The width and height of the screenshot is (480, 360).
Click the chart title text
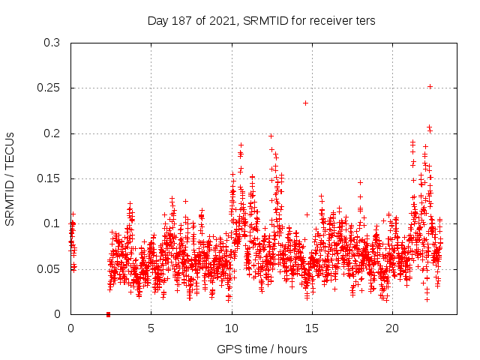[262, 21]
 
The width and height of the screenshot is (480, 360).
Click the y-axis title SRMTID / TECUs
[10, 178]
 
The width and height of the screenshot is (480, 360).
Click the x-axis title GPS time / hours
[262, 349]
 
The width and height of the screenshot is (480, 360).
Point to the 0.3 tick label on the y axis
[52, 43]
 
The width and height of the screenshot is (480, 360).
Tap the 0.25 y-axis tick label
[49, 88]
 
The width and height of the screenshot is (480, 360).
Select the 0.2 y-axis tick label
[52, 133]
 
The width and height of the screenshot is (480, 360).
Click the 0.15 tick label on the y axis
[49, 178]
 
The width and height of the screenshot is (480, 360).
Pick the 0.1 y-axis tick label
[52, 223]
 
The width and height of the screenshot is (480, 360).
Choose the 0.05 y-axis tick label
[49, 268]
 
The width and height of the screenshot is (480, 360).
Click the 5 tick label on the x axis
[151, 328]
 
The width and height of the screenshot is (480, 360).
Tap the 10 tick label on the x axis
[232, 328]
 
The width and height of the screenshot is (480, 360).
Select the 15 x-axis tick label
[312, 328]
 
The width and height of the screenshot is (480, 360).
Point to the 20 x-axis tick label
[392, 328]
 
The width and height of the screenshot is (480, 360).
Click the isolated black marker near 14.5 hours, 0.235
[305, 103]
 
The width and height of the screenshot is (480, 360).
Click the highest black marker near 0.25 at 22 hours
[430, 86]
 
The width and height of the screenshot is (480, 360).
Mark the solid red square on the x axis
[109, 314]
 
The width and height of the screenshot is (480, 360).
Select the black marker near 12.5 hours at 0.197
[271, 136]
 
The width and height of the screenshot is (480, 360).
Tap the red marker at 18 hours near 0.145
[360, 182]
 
